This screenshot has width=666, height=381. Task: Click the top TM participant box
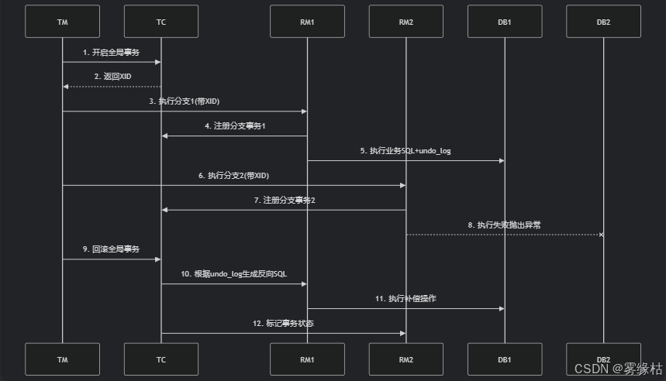coord(62,22)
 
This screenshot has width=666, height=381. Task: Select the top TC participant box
coord(161,22)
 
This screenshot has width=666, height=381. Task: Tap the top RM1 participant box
coord(307,22)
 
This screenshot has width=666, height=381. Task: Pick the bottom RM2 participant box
coord(405,359)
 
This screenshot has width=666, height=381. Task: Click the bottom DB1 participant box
coord(505,359)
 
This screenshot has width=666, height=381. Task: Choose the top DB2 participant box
coord(603,22)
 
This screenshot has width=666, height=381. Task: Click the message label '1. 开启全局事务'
coord(112,52)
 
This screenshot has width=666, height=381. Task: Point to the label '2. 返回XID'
coord(112,77)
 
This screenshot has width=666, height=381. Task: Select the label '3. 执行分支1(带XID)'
coord(185,101)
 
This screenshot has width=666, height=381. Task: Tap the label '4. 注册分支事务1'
coord(234,125)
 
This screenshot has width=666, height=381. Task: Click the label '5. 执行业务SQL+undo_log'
coord(405,151)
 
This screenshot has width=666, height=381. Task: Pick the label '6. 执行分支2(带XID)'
coord(234,176)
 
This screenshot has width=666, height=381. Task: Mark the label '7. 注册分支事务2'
coord(284,200)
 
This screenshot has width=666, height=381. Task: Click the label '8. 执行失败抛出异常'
coord(504,225)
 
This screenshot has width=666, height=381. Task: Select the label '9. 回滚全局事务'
coord(112,249)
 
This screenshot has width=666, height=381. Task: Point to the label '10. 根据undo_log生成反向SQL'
coord(234,274)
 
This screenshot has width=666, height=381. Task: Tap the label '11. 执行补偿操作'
coord(405,299)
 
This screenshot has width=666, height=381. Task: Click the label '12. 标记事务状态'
coord(284,323)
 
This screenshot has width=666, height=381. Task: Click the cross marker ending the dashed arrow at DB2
coord(602,234)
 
